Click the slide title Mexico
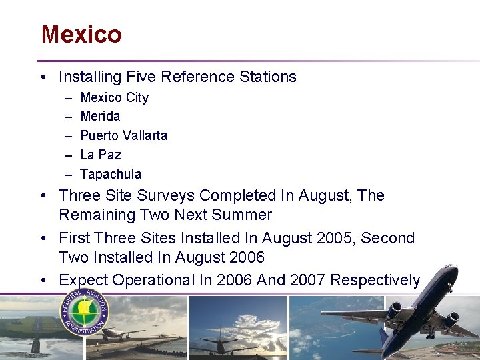81,34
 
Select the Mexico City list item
114,97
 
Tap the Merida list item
100,117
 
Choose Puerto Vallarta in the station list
123,136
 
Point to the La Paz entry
100,155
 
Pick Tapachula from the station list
111,175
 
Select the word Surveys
167,196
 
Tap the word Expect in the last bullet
83,281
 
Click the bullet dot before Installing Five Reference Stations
43,77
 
